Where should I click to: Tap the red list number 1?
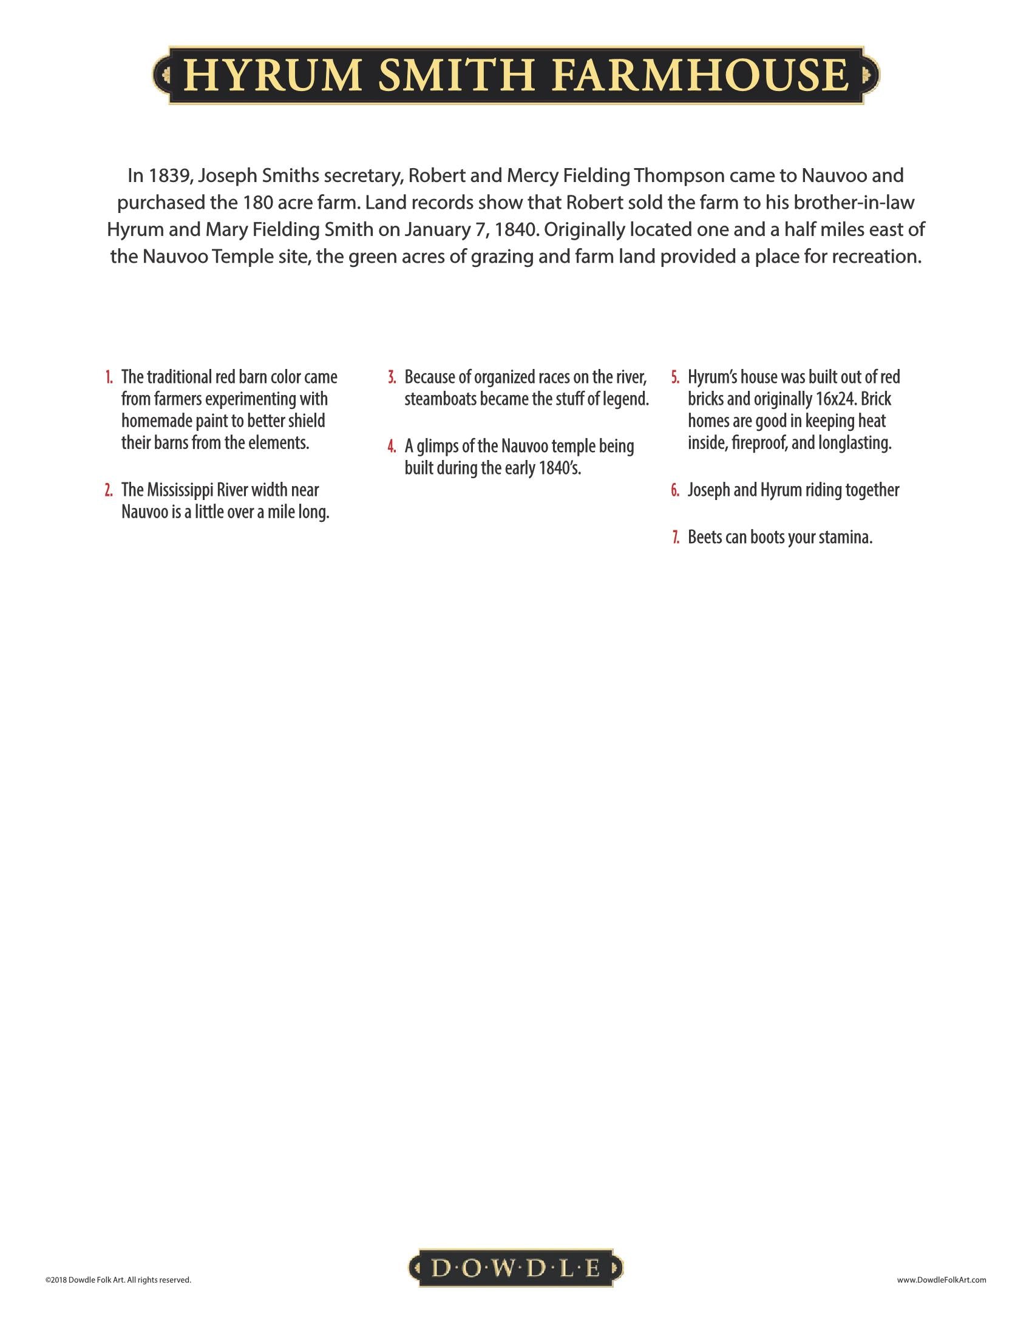(109, 377)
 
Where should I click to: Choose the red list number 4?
(392, 447)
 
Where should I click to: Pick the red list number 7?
(676, 537)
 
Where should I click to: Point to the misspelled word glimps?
(437, 447)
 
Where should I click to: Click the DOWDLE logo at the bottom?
(515, 1269)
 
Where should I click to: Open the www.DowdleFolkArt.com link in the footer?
(941, 1279)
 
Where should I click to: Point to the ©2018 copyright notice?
(117, 1279)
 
